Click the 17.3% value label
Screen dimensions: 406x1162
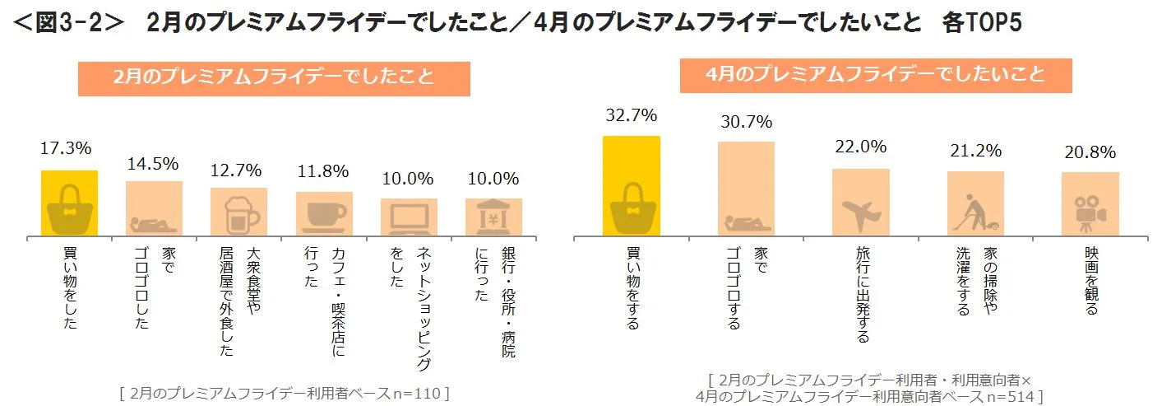(66, 149)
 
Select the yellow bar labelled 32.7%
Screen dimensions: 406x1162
(631, 186)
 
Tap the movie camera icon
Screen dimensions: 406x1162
(1090, 213)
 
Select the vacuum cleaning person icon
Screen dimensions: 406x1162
(975, 213)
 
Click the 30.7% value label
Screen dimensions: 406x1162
(746, 122)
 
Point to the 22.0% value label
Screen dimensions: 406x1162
(860, 147)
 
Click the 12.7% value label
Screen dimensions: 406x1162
(236, 170)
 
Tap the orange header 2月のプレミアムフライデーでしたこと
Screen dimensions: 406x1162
(274, 78)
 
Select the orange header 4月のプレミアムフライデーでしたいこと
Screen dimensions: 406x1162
(876, 74)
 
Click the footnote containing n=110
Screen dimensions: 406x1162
(284, 393)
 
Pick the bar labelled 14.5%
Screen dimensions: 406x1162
(155, 209)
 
